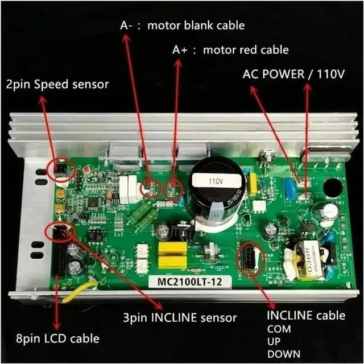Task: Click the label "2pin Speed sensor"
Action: click(57, 85)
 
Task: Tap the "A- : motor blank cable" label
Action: click(182, 26)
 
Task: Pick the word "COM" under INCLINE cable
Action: click(279, 329)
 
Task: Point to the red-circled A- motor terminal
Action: click(150, 188)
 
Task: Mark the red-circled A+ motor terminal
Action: click(173, 189)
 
